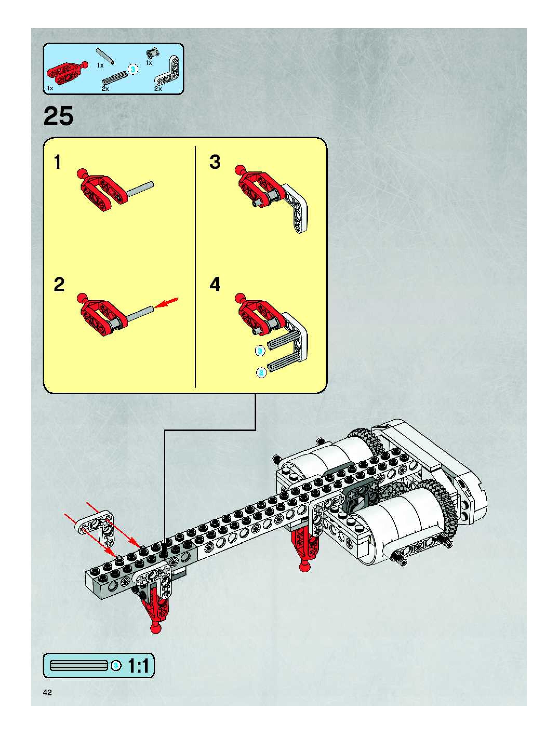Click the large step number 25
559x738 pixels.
[58, 116]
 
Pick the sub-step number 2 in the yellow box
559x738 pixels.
[59, 285]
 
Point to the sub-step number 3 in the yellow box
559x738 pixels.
[215, 162]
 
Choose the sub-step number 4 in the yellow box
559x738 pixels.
[215, 285]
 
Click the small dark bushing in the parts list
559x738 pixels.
[152, 53]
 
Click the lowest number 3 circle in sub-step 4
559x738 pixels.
[261, 373]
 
